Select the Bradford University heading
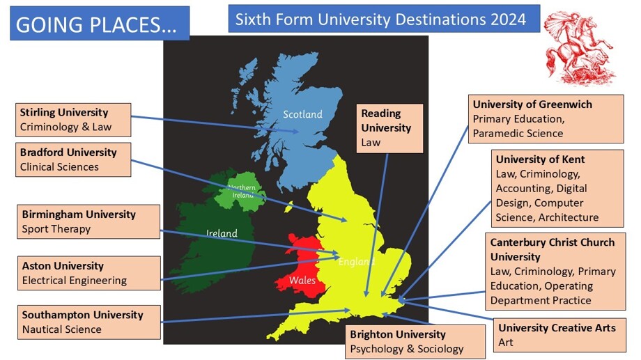[x=68, y=152]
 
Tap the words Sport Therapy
[x=56, y=228]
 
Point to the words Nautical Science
[x=61, y=329]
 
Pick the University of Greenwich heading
[x=532, y=104]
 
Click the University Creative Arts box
[x=557, y=335]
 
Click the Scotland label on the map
[x=302, y=114]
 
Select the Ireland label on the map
[x=222, y=233]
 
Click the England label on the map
[x=356, y=262]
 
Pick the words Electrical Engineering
[x=75, y=281]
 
